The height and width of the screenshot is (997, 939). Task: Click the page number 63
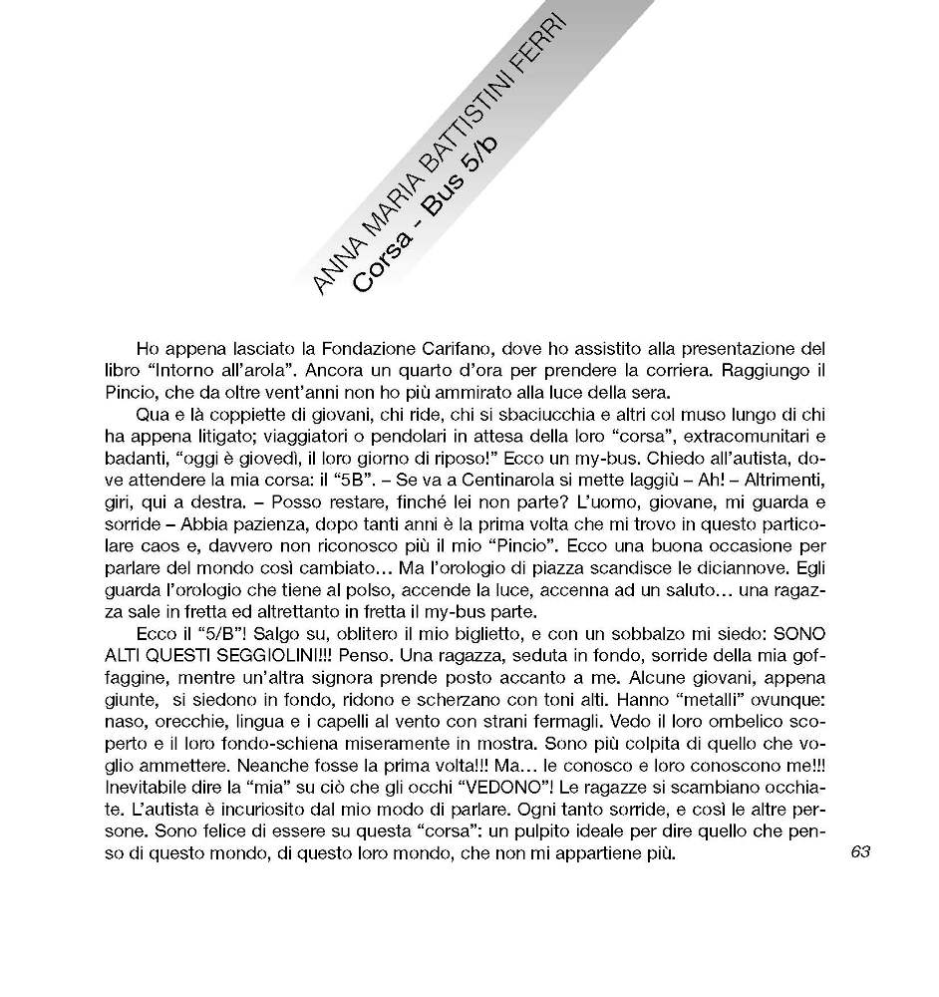point(862,850)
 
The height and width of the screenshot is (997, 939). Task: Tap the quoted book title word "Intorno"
point(189,370)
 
